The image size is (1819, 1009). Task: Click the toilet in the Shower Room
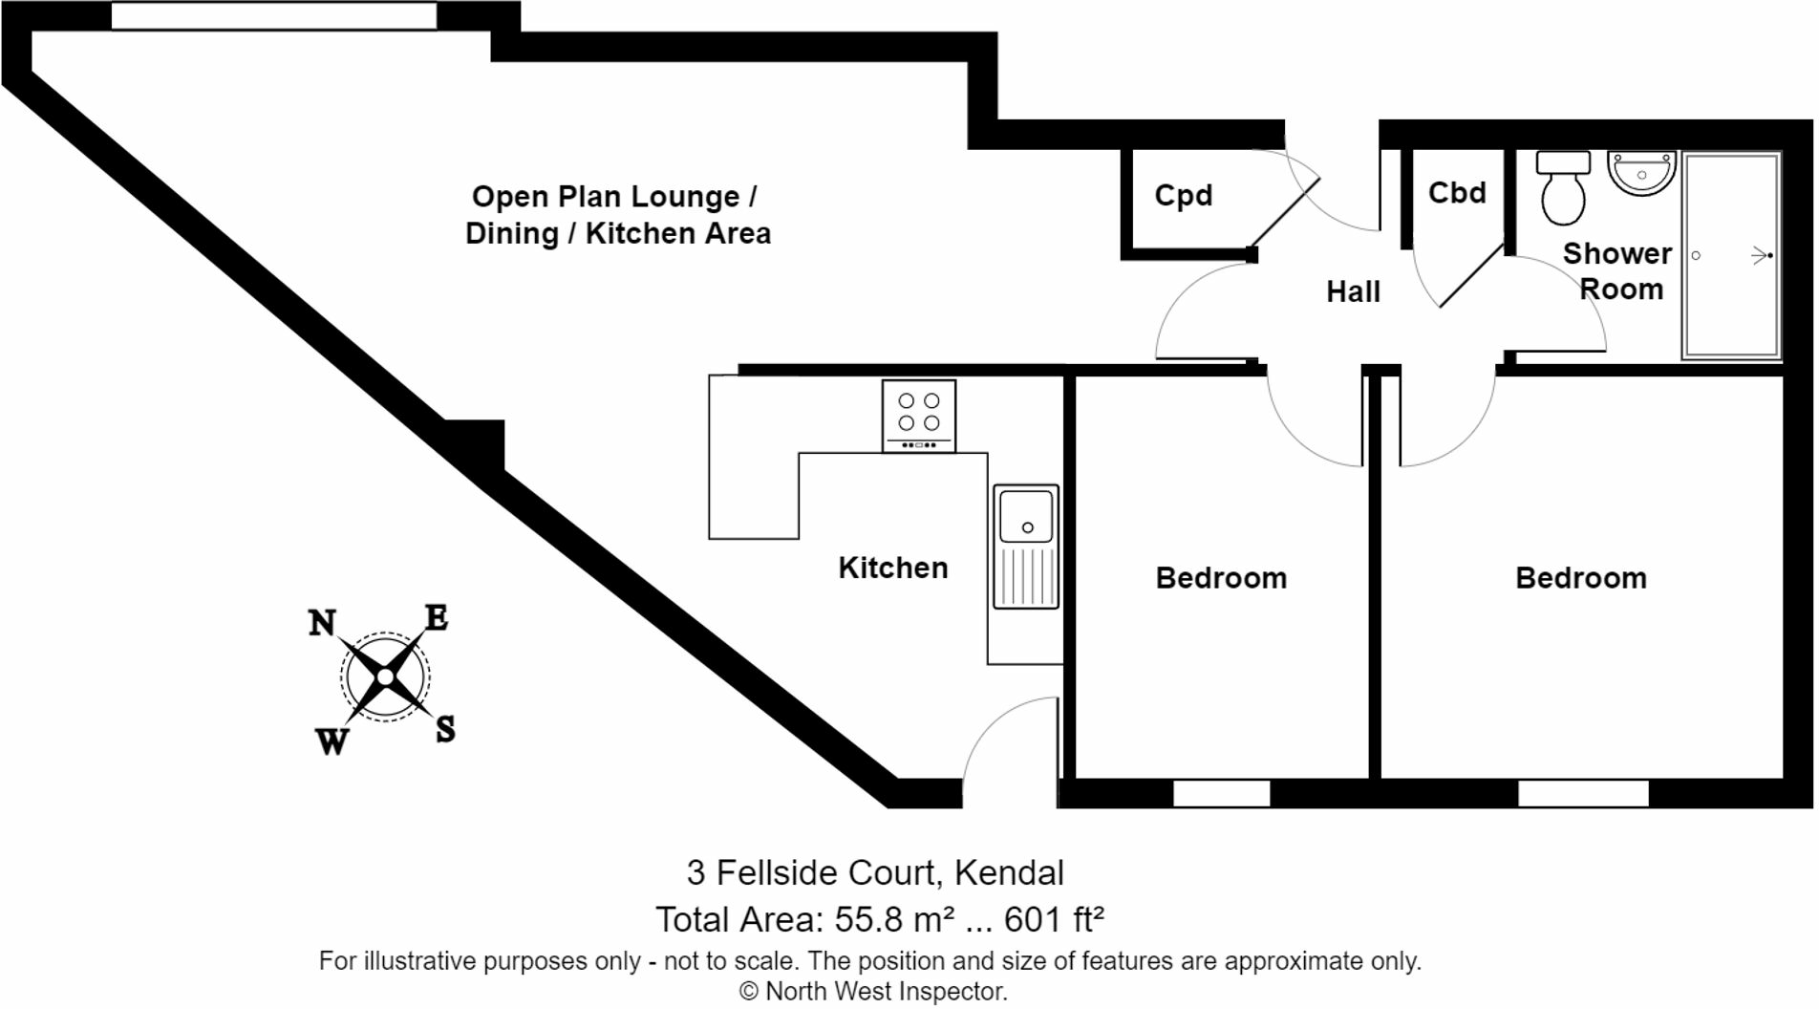pyautogui.click(x=1563, y=188)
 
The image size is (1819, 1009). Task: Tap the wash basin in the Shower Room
pyautogui.click(x=1641, y=173)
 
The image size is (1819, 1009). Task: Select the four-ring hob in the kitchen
pyautogui.click(x=918, y=416)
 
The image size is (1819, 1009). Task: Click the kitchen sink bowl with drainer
pyautogui.click(x=1026, y=546)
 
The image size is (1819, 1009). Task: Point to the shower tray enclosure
pyautogui.click(x=1731, y=256)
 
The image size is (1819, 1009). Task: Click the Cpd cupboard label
pyautogui.click(x=1183, y=195)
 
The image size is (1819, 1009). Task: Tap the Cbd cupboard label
pyautogui.click(x=1456, y=193)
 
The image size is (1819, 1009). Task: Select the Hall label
pyautogui.click(x=1353, y=291)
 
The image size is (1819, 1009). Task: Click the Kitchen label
pyautogui.click(x=892, y=568)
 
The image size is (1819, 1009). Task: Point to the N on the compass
pyautogui.click(x=322, y=623)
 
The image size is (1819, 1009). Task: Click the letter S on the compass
pyautogui.click(x=445, y=730)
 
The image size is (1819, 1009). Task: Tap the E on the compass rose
pyautogui.click(x=436, y=618)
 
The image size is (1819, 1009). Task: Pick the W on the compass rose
pyautogui.click(x=332, y=741)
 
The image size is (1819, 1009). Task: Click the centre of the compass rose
pyautogui.click(x=385, y=677)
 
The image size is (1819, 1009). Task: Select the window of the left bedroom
pyautogui.click(x=1221, y=793)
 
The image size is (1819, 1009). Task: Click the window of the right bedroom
pyautogui.click(x=1583, y=793)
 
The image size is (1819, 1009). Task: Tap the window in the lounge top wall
pyautogui.click(x=274, y=16)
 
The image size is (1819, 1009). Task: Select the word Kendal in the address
pyautogui.click(x=1009, y=872)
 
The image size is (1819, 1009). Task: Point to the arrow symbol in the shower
pyautogui.click(x=1761, y=255)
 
